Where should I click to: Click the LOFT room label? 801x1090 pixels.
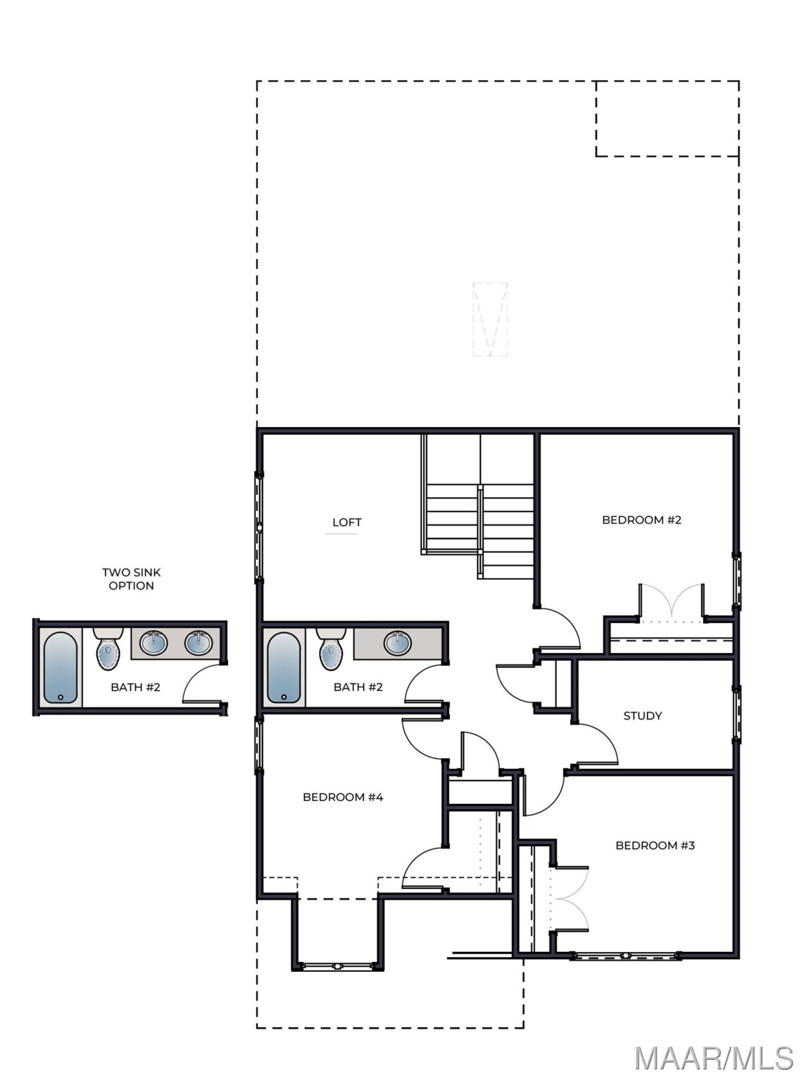click(x=346, y=522)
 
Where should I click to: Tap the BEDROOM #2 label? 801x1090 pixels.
click(x=641, y=520)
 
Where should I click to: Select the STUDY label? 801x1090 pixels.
click(x=642, y=716)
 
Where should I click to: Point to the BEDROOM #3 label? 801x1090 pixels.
click(x=655, y=845)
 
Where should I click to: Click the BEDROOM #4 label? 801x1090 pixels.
click(x=343, y=797)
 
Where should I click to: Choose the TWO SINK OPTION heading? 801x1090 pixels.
click(x=131, y=579)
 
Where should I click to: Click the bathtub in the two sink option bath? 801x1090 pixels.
click(x=60, y=668)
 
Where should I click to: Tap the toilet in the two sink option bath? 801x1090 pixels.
click(x=108, y=648)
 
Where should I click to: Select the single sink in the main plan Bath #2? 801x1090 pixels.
click(x=397, y=643)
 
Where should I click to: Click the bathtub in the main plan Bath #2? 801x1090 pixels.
click(x=284, y=668)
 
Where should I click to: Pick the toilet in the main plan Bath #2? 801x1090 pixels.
click(x=331, y=648)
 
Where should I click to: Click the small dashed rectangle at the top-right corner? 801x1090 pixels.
click(x=667, y=119)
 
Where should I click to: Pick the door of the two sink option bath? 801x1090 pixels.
click(x=202, y=683)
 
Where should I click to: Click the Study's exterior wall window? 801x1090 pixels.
click(x=737, y=714)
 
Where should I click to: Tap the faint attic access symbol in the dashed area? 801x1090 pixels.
click(x=490, y=320)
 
